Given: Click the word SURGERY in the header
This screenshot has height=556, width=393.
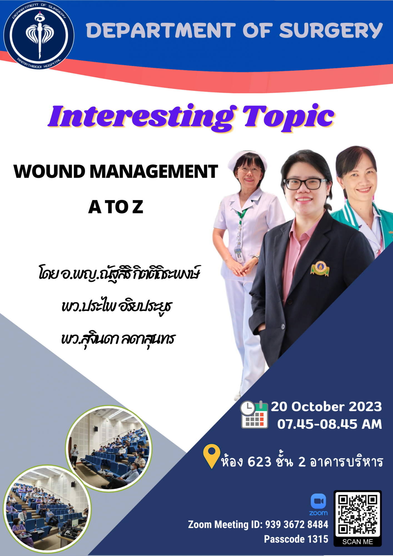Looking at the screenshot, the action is click(x=331, y=30).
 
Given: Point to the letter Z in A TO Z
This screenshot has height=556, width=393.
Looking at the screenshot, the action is click(x=138, y=207).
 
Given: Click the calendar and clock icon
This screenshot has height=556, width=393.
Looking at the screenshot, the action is click(x=254, y=414).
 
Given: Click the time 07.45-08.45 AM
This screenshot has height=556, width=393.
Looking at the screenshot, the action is click(x=330, y=424).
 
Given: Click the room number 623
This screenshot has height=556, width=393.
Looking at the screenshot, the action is click(x=259, y=462).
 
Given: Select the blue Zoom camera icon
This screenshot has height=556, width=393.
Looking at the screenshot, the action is click(x=318, y=501).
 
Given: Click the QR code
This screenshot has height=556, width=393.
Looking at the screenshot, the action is click(x=358, y=515).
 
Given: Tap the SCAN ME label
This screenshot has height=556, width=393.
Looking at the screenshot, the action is click(x=358, y=542).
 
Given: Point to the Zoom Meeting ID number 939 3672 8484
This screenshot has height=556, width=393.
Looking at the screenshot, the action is click(x=297, y=525).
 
